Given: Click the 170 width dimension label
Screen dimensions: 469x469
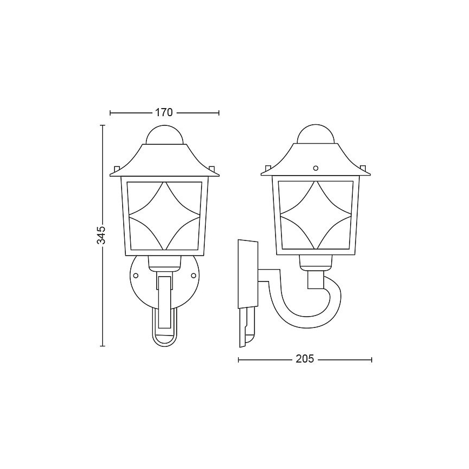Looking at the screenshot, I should pyautogui.click(x=163, y=113).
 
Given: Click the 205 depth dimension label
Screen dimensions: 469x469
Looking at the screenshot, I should pyautogui.click(x=305, y=359).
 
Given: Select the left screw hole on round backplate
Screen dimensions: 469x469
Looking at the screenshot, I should pyautogui.click(x=136, y=276).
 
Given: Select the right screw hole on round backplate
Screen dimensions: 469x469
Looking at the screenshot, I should pyautogui.click(x=193, y=276).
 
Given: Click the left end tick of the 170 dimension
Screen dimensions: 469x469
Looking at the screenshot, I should pyautogui.click(x=110, y=113).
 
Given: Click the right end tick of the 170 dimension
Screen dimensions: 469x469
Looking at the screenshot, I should pyautogui.click(x=219, y=113).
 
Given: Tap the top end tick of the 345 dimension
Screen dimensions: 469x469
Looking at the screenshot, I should pyautogui.click(x=102, y=125).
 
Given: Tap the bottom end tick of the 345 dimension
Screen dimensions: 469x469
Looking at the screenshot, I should pyautogui.click(x=102, y=345).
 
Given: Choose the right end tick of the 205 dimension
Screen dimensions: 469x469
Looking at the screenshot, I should pyautogui.click(x=372, y=359).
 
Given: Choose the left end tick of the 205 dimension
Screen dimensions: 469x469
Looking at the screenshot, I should pyautogui.click(x=238, y=359).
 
